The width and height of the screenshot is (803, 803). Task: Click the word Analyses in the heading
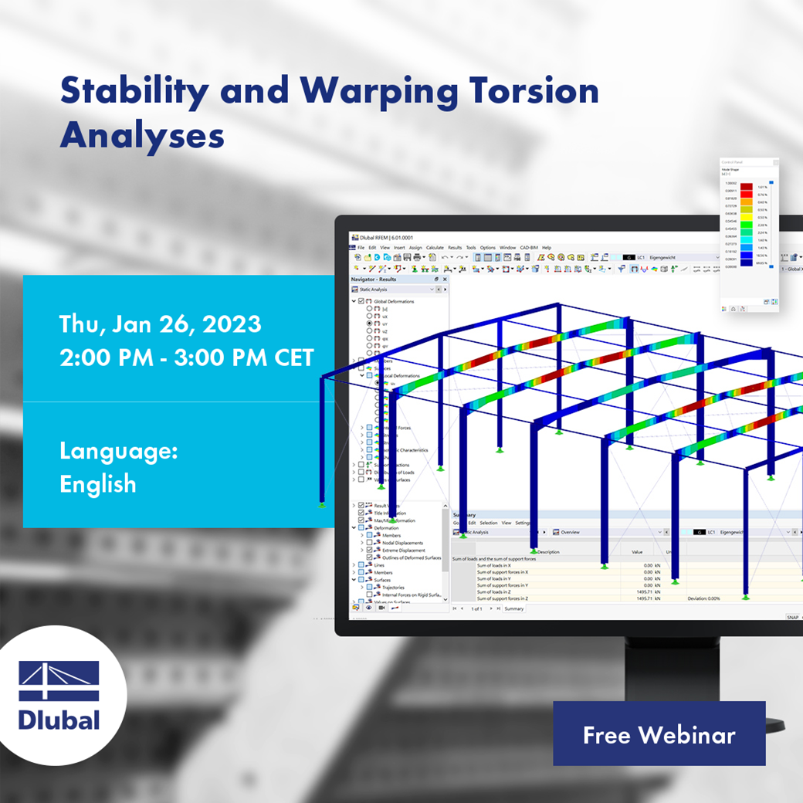click(142, 135)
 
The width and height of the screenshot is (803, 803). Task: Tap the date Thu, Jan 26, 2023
click(160, 324)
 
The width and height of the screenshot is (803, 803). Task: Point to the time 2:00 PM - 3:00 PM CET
click(186, 357)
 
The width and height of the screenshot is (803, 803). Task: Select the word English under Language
click(98, 484)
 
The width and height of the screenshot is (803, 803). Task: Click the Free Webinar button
click(659, 734)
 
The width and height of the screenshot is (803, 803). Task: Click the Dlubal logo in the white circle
click(59, 695)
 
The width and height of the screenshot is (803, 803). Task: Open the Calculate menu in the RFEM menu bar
click(435, 248)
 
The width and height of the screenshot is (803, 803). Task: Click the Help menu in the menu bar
click(546, 248)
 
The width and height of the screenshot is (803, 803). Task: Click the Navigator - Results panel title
click(374, 279)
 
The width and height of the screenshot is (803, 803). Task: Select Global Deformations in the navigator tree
click(394, 301)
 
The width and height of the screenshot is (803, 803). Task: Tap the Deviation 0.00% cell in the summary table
click(703, 598)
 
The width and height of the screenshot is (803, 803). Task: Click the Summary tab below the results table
click(513, 608)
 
